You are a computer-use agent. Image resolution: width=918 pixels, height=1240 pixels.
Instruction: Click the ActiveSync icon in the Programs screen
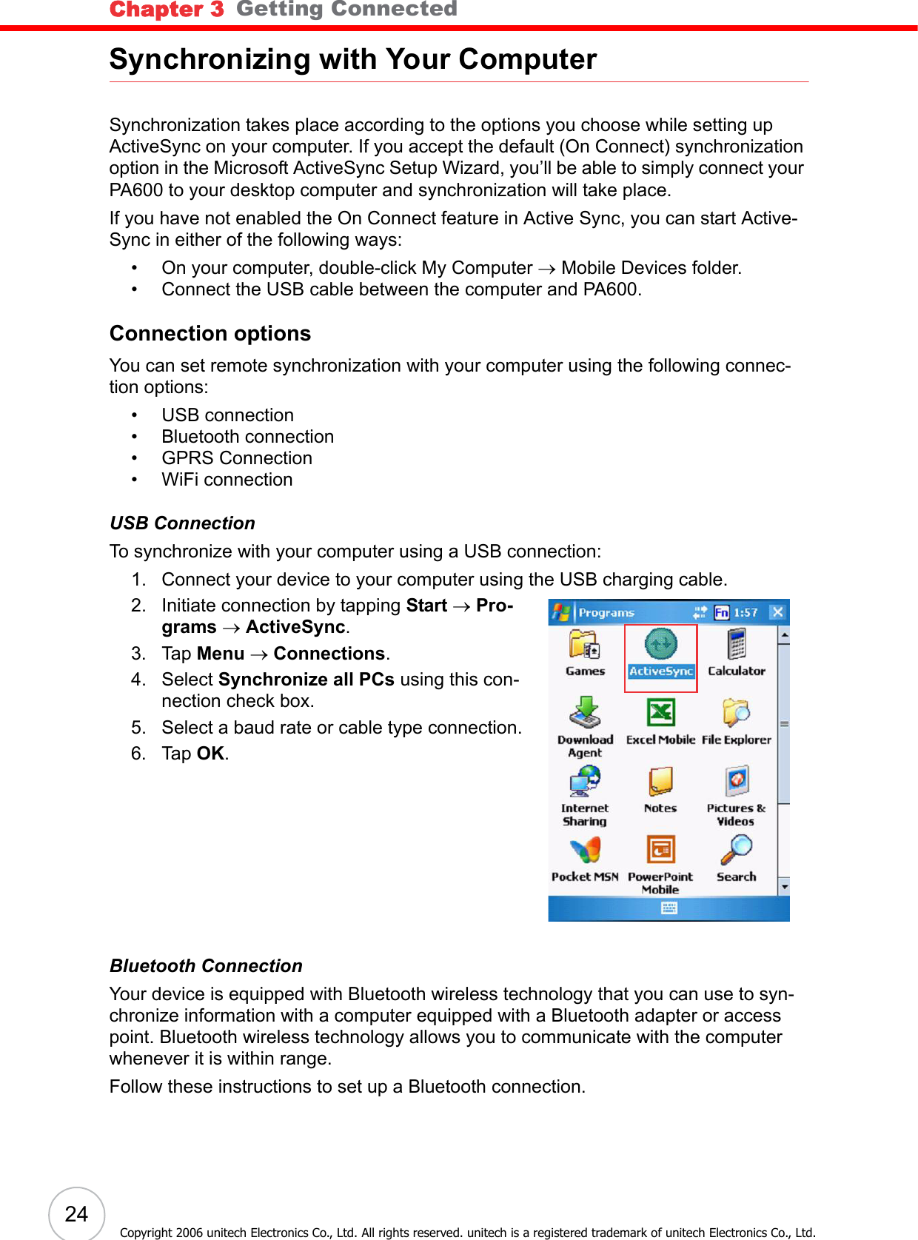point(660,645)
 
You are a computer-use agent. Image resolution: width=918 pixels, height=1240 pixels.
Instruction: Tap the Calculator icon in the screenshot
point(737,644)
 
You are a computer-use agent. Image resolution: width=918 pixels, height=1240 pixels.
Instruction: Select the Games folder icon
point(584,645)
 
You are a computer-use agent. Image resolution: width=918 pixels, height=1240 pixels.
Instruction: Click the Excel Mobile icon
point(660,714)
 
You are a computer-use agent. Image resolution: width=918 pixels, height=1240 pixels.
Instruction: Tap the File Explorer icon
point(737,713)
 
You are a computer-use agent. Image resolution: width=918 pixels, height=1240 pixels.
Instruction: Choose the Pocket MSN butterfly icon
point(585,851)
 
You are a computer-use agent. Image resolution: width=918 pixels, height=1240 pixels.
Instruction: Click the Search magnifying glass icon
point(737,850)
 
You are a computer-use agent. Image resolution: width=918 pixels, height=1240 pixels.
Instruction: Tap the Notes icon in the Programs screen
point(660,781)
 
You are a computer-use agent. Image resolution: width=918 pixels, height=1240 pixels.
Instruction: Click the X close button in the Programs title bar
point(777,612)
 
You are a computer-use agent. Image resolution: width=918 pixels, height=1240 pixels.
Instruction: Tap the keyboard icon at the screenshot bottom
point(669,908)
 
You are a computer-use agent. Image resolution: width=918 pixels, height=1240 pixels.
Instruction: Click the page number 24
point(76,1214)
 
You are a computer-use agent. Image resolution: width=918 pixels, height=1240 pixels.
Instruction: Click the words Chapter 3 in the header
point(167,10)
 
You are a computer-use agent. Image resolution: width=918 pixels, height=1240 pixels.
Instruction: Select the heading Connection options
point(210,334)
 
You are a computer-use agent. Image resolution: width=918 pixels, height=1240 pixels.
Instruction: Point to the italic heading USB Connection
point(182,523)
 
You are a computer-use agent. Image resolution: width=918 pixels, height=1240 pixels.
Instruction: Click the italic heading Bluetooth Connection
point(206,966)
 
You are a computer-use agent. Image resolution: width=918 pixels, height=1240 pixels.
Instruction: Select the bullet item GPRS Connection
point(237,458)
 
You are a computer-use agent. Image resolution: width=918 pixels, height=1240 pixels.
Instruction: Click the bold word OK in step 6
point(210,754)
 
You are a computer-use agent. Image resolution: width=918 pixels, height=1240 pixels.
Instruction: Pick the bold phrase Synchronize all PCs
point(306,680)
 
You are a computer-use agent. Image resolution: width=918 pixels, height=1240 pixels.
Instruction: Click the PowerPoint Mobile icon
point(660,850)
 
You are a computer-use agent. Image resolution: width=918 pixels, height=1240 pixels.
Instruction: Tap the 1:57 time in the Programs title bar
point(746,613)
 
